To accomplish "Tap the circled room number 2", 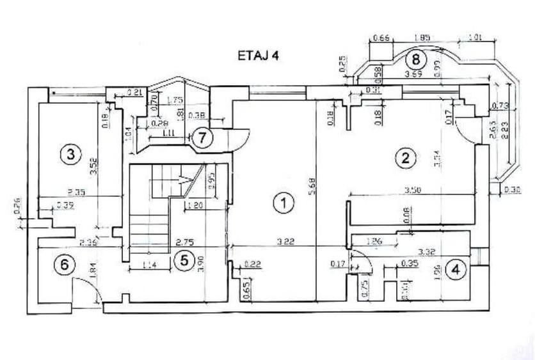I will pos(404,157).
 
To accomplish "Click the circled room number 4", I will pos(456,269).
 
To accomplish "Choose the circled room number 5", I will pos(184,260).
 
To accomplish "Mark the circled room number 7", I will pos(202,137).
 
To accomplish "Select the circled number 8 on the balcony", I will pos(416,60).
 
